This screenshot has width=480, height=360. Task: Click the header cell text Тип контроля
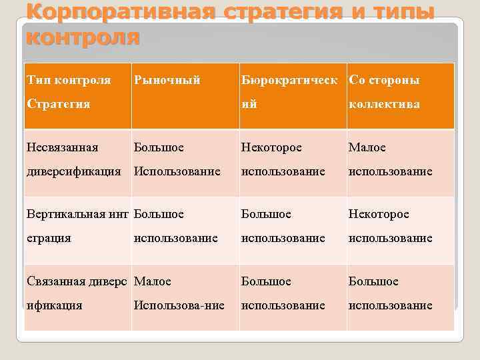click(x=69, y=80)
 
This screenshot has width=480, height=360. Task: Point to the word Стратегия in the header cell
click(x=58, y=104)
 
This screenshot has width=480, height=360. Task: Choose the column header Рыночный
click(x=167, y=80)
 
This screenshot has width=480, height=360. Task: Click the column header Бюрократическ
click(x=291, y=80)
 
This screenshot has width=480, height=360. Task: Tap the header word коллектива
click(x=384, y=104)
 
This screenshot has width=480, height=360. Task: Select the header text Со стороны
click(x=384, y=80)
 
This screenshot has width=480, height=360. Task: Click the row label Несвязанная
click(x=62, y=147)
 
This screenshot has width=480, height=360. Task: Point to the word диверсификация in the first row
click(x=73, y=171)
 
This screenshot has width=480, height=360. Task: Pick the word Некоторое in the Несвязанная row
click(x=271, y=147)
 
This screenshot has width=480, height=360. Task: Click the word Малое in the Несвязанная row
click(x=367, y=147)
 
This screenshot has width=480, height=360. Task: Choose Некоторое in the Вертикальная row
click(x=379, y=214)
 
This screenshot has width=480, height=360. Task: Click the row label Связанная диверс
click(x=78, y=281)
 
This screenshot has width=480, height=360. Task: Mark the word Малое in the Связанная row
click(x=152, y=281)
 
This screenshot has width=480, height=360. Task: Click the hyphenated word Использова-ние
click(x=179, y=305)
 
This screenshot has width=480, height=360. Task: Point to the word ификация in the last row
click(x=55, y=305)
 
